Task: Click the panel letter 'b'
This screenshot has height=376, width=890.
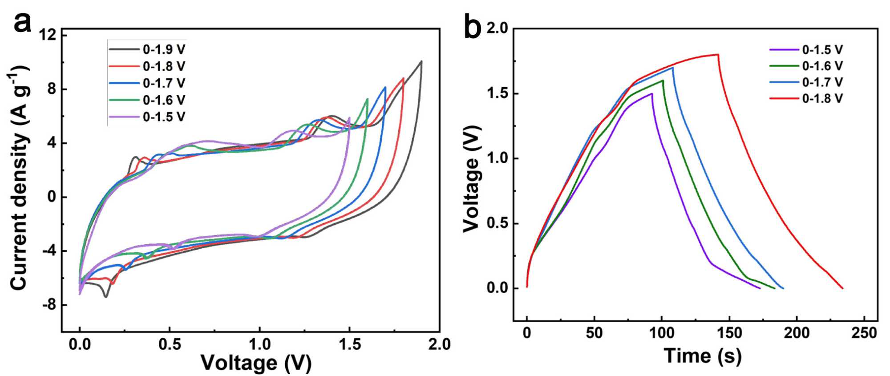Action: (x=472, y=28)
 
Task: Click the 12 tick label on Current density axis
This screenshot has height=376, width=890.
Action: (x=48, y=35)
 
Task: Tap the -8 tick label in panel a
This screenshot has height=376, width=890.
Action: (x=49, y=305)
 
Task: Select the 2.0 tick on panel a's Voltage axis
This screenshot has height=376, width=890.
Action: (x=439, y=344)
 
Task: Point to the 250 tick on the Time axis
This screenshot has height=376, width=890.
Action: (x=864, y=333)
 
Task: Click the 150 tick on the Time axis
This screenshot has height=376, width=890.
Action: (x=729, y=333)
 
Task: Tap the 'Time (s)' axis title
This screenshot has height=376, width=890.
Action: (x=703, y=356)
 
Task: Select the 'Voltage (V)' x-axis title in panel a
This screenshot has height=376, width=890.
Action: (x=256, y=363)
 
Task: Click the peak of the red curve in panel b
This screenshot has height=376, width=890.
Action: (x=718, y=54)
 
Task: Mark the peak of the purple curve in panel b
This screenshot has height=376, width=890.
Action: (x=652, y=93)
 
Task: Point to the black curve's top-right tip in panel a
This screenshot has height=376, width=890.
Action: (x=421, y=61)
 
